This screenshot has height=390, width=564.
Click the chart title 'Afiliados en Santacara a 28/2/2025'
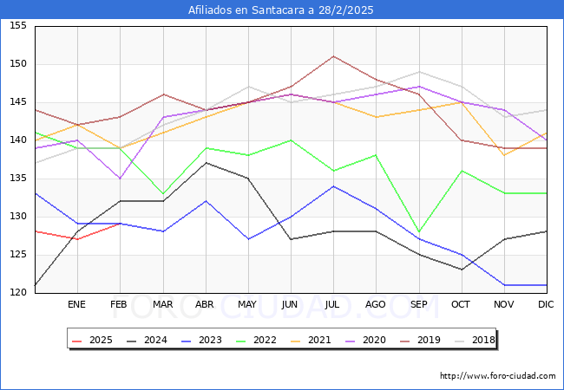pyautogui.click(x=282, y=10)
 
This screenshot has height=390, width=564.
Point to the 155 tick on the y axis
pyautogui.click(x=18, y=27)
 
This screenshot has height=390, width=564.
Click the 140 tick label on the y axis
pyautogui.click(x=18, y=140)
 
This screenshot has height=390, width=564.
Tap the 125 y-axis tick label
pyautogui.click(x=18, y=255)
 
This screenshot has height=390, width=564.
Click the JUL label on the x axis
pyautogui.click(x=333, y=305)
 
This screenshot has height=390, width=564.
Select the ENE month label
pyautogui.click(x=77, y=305)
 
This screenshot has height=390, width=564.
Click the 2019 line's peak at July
pyautogui.click(x=333, y=56)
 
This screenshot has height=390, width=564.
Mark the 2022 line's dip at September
pyautogui.click(x=419, y=232)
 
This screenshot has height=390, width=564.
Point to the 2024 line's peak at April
pyautogui.click(x=206, y=163)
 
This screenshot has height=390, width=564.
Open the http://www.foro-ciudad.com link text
pyautogui.click(x=497, y=376)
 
